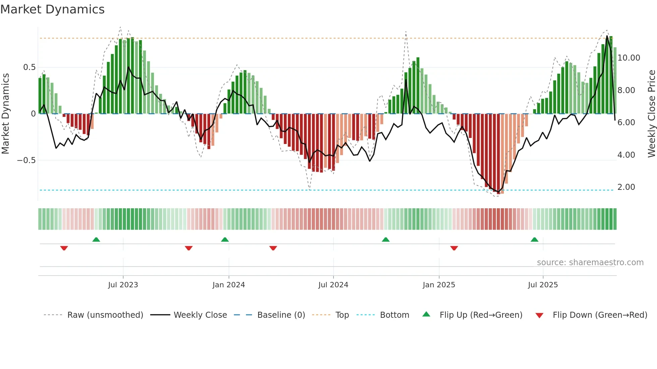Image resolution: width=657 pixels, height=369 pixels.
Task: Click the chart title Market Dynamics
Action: click(52, 9)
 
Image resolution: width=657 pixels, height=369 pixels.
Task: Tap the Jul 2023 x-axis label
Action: click(123, 285)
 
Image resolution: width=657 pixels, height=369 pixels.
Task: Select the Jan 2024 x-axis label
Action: click(229, 285)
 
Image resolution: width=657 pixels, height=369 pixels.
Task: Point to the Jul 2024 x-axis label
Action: click(333, 285)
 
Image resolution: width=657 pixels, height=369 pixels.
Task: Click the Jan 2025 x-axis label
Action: click(439, 285)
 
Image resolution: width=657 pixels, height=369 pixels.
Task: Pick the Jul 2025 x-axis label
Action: click(543, 285)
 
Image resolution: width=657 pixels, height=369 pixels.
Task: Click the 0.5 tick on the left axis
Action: click(29, 67)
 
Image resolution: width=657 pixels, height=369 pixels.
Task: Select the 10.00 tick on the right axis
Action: click(629, 58)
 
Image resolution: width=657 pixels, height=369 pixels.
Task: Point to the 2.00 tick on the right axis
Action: click(626, 187)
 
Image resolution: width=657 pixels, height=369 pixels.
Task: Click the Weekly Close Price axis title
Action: click(651, 114)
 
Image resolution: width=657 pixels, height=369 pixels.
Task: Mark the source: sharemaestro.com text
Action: click(590, 263)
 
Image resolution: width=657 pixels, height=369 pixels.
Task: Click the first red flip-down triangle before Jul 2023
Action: click(64, 248)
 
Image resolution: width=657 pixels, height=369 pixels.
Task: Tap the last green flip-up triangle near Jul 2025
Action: click(534, 239)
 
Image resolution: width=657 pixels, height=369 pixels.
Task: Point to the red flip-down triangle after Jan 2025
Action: click(454, 248)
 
